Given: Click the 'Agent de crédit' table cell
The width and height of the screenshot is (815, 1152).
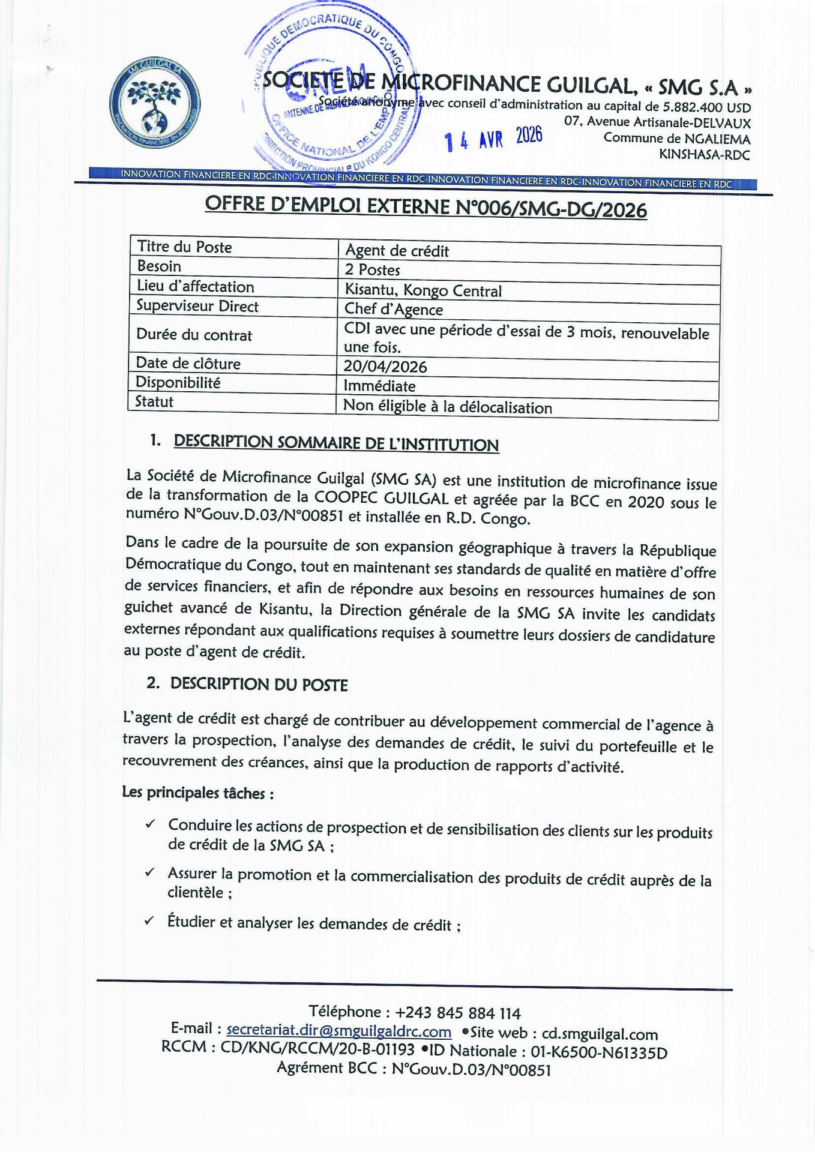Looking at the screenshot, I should coord(397,251).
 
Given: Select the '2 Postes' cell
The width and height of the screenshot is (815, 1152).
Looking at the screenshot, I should coord(372,270).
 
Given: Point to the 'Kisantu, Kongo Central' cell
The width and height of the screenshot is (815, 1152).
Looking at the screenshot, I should coord(423,290).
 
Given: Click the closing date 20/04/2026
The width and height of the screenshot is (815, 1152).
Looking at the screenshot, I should coord(385,366).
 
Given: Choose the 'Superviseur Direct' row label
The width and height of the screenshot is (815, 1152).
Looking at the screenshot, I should coord(197,306).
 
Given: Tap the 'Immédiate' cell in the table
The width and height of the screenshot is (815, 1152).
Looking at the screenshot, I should coord(379,386).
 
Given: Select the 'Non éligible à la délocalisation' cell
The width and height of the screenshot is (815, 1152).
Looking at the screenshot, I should coord(447,407).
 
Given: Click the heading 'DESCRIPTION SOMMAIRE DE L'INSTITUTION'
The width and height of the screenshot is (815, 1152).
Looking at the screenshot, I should coord(336,443).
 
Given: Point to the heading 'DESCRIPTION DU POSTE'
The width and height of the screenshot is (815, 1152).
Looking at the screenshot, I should coord(259,684).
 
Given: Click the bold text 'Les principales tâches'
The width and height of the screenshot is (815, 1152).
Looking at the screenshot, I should coord(196,793).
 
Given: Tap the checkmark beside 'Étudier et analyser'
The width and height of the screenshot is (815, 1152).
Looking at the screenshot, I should coord(149,920).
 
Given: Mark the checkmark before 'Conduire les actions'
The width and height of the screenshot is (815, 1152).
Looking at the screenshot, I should coord(150,824).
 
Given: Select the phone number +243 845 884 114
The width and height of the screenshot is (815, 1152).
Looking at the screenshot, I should coord(457,1013).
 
